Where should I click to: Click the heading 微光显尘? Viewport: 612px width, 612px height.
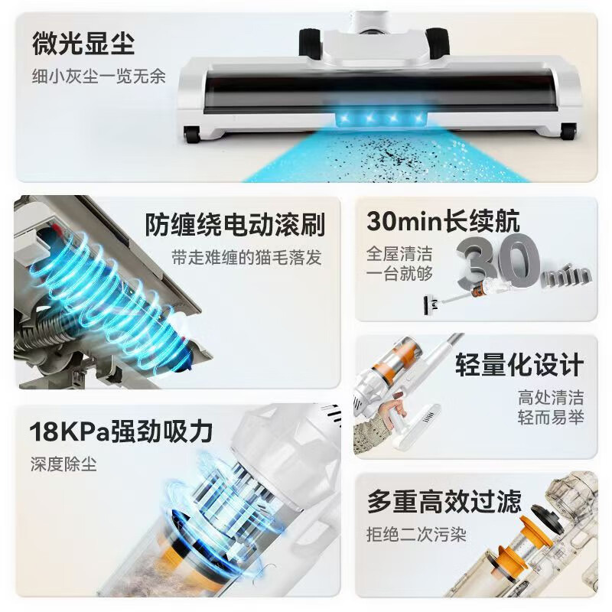pyautogui.click(x=83, y=43)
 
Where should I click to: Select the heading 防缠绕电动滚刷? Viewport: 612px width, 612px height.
pyautogui.click(x=235, y=225)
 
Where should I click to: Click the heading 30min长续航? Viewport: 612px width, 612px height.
pyautogui.click(x=443, y=221)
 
